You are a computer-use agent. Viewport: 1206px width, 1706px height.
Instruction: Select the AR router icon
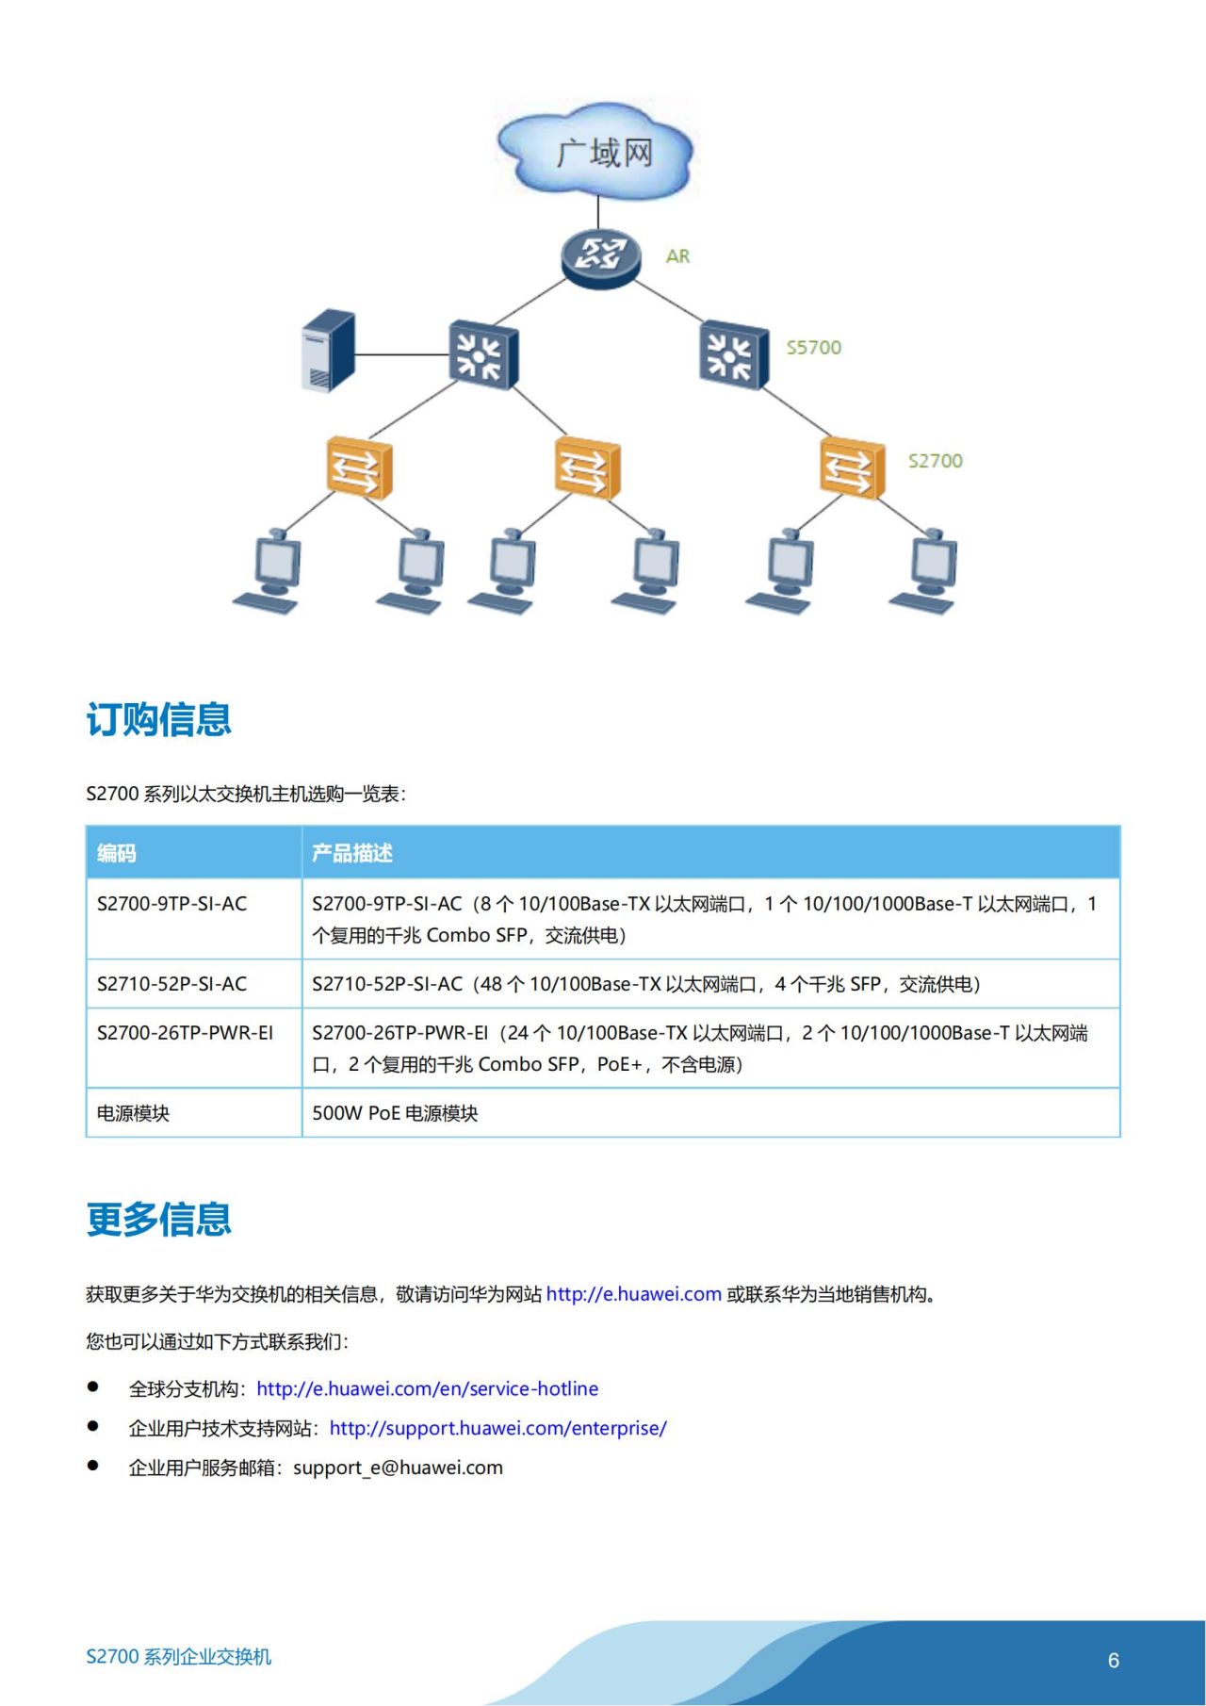pos(600,255)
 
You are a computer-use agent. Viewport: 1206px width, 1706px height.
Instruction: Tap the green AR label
pos(677,256)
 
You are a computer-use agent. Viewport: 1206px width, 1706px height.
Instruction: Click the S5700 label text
pos(814,348)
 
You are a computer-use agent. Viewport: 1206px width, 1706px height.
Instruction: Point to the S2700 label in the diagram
pos(935,461)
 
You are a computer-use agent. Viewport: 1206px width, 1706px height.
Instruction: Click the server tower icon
pos(328,351)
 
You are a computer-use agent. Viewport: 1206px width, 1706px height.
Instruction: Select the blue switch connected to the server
pos(482,355)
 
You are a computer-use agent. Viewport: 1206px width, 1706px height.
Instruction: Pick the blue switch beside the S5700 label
pos(733,355)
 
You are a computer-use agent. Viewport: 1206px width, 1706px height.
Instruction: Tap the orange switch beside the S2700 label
pos(852,468)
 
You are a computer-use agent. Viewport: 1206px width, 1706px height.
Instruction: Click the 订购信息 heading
pos(158,720)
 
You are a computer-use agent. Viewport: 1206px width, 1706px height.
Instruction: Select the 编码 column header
pos(117,853)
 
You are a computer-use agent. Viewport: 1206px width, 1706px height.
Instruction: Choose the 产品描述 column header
pos(352,853)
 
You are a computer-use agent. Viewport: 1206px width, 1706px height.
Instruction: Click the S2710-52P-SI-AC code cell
pos(172,984)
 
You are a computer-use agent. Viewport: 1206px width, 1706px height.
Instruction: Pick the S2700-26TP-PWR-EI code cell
pos(185,1033)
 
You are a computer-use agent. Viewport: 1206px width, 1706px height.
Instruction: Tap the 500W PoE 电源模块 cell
pos(395,1113)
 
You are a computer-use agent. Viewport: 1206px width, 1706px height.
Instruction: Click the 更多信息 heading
pos(158,1220)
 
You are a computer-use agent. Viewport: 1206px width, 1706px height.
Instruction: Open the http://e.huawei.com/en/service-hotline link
pos(427,1388)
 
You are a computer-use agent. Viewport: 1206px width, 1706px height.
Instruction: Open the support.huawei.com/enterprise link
pos(497,1428)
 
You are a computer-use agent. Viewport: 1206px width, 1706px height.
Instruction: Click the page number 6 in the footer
pos(1113,1661)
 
